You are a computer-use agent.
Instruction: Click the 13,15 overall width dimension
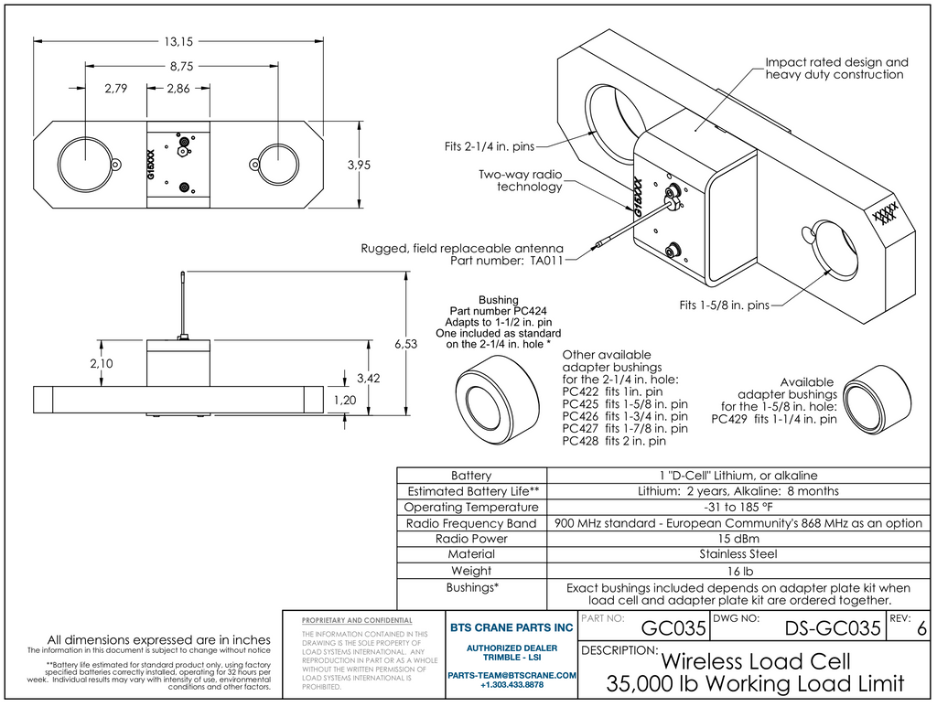(178, 41)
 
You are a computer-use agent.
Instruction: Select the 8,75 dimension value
(180, 66)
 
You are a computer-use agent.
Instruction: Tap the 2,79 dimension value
(115, 89)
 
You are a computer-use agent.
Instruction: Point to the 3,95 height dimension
(360, 165)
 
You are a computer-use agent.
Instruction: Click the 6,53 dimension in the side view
(405, 344)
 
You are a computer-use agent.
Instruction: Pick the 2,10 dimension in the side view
(102, 363)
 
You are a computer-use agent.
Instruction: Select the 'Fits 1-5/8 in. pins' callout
(724, 305)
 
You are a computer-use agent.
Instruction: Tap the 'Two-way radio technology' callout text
(520, 180)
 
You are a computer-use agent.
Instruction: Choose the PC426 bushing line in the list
(625, 416)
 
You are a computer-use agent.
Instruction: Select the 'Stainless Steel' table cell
(738, 554)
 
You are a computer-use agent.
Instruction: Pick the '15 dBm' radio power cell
(738, 539)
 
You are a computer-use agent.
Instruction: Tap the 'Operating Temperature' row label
(471, 507)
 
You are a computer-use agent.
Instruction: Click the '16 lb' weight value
(738, 571)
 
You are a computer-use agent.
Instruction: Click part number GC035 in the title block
(673, 628)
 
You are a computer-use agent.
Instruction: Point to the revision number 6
(921, 629)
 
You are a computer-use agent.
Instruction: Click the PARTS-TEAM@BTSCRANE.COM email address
(512, 675)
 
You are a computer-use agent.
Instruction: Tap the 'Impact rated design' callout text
(836, 62)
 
